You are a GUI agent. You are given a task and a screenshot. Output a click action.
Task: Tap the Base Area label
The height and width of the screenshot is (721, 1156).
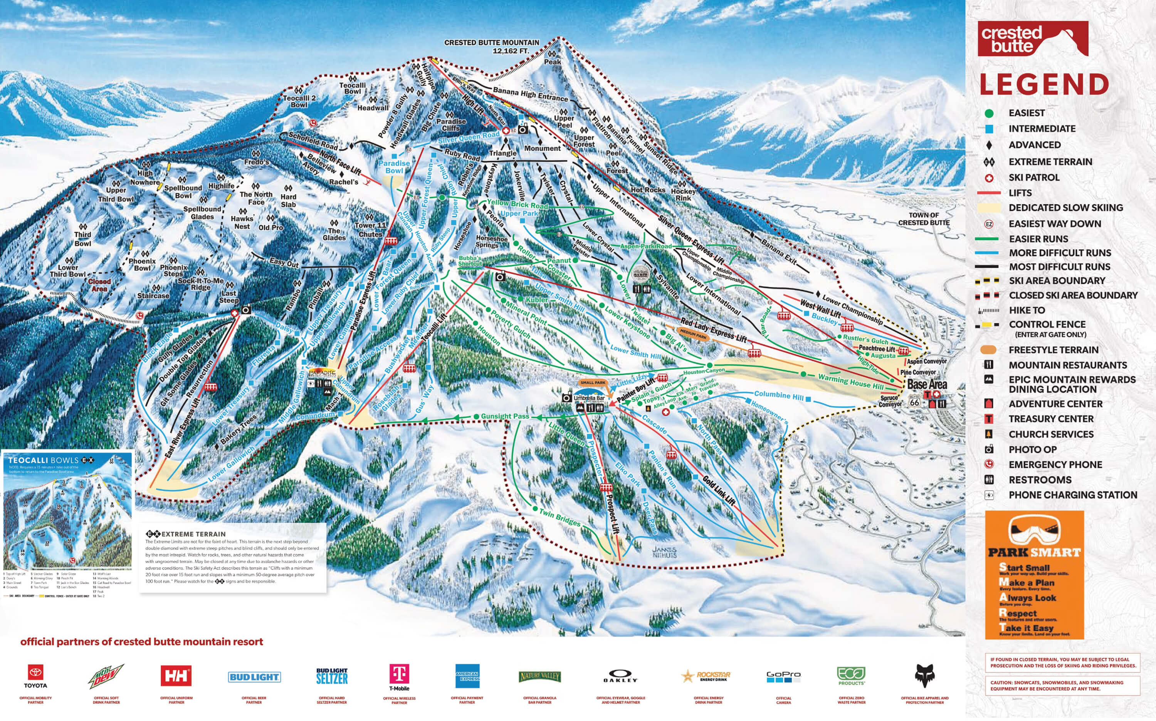click(x=926, y=384)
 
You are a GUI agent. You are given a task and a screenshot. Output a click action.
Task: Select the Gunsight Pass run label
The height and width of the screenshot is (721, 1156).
click(x=504, y=416)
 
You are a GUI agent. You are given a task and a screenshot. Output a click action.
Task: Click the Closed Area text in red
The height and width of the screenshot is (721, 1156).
click(x=99, y=285)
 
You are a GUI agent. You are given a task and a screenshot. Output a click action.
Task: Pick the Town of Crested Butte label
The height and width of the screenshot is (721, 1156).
click(x=924, y=219)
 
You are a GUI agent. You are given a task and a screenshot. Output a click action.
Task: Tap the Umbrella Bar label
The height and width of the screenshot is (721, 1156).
click(x=589, y=398)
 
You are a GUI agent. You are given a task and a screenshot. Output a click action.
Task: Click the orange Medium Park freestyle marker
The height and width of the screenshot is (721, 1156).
click(x=693, y=335)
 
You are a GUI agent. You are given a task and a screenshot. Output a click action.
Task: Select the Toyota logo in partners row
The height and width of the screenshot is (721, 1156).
click(x=36, y=676)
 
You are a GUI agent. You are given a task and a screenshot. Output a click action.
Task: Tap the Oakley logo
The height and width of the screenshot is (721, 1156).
click(x=620, y=676)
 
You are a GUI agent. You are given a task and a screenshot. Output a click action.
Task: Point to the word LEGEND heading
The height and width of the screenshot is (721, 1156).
click(x=1044, y=84)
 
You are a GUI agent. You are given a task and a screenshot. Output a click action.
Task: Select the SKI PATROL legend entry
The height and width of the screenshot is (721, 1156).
click(x=1033, y=178)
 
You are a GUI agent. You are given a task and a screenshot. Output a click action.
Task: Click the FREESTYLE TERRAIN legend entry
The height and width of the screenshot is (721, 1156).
click(x=1053, y=350)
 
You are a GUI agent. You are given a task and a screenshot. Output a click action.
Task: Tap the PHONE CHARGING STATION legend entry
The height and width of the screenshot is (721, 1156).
click(x=1072, y=495)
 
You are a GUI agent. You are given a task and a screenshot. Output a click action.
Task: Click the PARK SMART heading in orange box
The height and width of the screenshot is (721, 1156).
click(x=1034, y=552)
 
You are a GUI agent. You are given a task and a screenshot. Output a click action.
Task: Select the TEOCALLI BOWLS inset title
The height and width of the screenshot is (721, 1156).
click(x=43, y=460)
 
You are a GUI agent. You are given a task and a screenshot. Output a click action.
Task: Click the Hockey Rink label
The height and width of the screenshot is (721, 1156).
click(x=683, y=195)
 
